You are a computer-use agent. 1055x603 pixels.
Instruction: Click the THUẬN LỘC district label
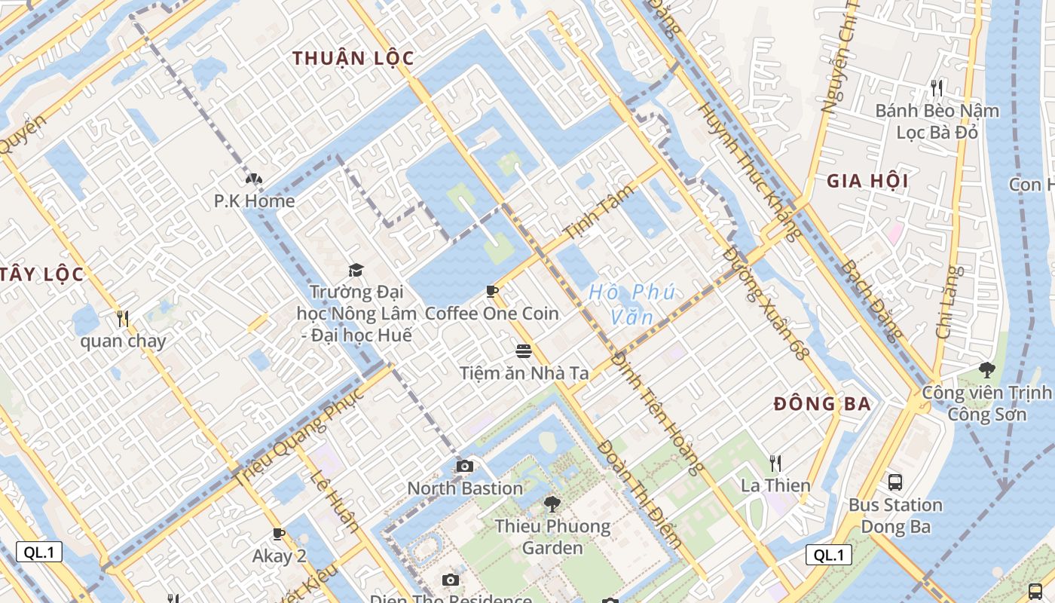pos(353,58)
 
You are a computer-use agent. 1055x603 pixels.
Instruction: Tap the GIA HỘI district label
pos(867,181)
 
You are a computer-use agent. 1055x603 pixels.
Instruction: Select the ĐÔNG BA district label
pos(822,403)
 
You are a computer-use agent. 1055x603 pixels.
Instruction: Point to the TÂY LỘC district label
pos(41,274)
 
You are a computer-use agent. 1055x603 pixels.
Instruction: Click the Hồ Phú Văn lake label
pos(631,303)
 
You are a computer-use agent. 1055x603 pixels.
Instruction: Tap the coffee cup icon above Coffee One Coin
pos(492,291)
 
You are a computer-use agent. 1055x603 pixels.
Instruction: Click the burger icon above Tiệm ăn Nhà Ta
pos(524,350)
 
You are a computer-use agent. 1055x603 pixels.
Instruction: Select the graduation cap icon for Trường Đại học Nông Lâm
pos(355,270)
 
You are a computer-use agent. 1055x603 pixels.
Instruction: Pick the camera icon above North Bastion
pos(465,466)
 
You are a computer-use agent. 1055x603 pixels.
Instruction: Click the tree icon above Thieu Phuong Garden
pos(552,504)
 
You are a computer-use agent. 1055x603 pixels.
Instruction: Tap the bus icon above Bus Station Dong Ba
pos(895,482)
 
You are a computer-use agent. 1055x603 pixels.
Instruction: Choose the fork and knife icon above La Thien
pos(775,463)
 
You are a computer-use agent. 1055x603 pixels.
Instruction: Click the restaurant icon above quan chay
pos(123,319)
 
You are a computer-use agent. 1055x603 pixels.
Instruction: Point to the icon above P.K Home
pos(253,179)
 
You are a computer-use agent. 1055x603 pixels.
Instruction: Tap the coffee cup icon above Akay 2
pos(279,534)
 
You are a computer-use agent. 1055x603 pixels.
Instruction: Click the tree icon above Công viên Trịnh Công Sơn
pos(986,370)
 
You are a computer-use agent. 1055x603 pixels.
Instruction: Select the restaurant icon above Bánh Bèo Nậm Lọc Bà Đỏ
pos(937,88)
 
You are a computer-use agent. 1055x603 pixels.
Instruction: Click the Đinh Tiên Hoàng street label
pos(657,414)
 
